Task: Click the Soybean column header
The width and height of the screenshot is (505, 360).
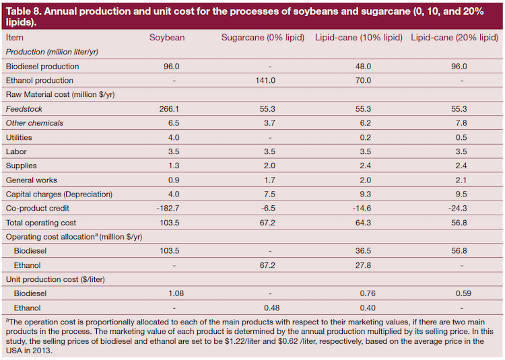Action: pyautogui.click(x=167, y=37)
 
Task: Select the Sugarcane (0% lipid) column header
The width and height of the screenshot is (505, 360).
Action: pyautogui.click(x=263, y=38)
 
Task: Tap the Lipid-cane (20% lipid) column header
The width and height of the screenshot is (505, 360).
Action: pyautogui.click(x=454, y=38)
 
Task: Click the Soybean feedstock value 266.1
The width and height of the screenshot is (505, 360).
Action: pyautogui.click(x=169, y=109)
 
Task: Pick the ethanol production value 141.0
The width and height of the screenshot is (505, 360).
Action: pyautogui.click(x=265, y=80)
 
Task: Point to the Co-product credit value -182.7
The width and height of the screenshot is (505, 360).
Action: pyautogui.click(x=168, y=208)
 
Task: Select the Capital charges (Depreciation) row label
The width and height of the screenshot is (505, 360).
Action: pyautogui.click(x=59, y=194)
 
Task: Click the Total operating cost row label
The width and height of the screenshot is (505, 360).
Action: pyautogui.click(x=41, y=223)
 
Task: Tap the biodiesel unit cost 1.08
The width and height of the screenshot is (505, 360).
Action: pyautogui.click(x=176, y=293)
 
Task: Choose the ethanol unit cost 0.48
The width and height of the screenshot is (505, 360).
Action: pyautogui.click(x=271, y=308)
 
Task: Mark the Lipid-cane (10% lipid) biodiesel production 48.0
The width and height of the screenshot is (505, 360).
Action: pyautogui.click(x=363, y=66)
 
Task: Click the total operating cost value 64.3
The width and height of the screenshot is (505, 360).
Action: pyautogui.click(x=363, y=223)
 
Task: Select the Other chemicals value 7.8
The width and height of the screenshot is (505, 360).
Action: pyautogui.click(x=461, y=123)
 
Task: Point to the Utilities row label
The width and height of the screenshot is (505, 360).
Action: pyautogui.click(x=19, y=137)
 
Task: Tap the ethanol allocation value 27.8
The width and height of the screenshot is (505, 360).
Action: pyautogui.click(x=363, y=265)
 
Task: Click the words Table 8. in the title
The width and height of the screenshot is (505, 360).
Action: pyautogui.click(x=24, y=11)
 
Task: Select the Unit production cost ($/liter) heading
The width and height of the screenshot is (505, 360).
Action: pyautogui.click(x=55, y=279)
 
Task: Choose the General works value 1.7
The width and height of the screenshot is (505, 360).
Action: pyautogui.click(x=269, y=180)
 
